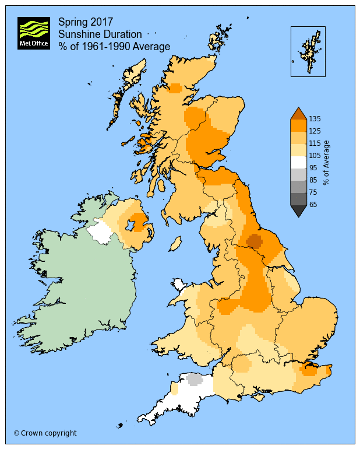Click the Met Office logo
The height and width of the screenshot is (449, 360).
(33, 33)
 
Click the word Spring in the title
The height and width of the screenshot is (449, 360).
(72, 22)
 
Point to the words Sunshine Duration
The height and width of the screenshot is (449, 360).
(100, 34)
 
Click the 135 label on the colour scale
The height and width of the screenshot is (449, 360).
(315, 119)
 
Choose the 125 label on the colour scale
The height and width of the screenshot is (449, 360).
(315, 132)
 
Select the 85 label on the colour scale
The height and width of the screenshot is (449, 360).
(313, 180)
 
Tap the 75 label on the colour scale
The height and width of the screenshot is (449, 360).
(313, 192)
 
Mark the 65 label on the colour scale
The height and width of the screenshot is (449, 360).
(313, 205)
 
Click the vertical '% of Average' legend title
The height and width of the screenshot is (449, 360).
(327, 162)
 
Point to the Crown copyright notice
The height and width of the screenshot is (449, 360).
(45, 433)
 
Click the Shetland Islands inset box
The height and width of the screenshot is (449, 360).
(308, 51)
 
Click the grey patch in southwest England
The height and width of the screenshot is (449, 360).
(194, 379)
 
